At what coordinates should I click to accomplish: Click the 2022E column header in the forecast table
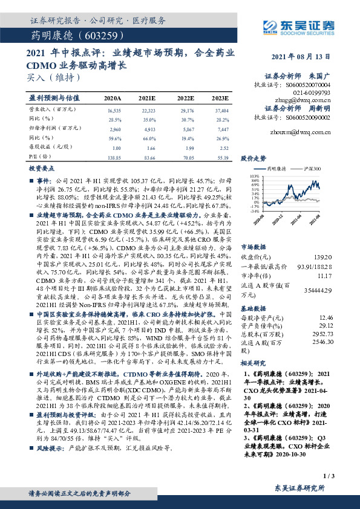coord(185,97)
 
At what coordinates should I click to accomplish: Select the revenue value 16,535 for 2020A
coord(114,111)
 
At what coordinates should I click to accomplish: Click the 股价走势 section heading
coord(254,158)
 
